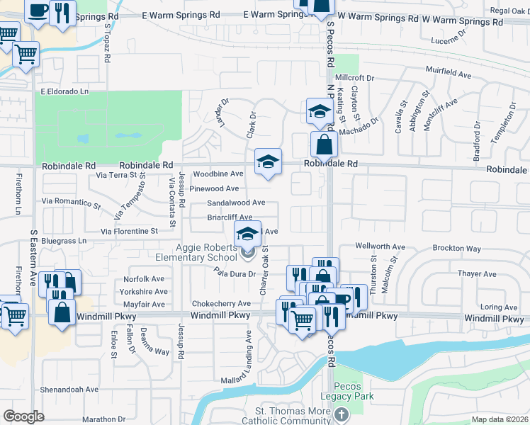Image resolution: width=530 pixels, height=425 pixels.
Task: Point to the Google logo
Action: pos(23,416)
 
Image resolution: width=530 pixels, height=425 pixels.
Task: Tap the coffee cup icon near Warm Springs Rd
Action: pos(37,11)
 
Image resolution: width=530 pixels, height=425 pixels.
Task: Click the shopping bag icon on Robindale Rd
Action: pos(324,144)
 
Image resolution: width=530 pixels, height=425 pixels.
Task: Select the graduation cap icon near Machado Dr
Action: pos(320,113)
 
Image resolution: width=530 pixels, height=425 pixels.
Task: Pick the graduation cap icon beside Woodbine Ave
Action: pos(268,162)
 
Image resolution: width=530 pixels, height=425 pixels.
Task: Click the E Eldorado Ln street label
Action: pos(64,91)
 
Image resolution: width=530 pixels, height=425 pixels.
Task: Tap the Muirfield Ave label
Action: pos(449,73)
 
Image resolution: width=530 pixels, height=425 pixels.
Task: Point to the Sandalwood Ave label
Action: pos(236,203)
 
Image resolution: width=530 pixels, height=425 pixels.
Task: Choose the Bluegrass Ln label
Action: pos(63,241)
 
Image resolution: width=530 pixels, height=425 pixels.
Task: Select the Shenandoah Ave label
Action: pos(69,389)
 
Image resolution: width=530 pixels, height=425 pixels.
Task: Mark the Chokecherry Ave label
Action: pos(216,303)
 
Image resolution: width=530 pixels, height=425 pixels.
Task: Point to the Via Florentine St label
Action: pos(129,231)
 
